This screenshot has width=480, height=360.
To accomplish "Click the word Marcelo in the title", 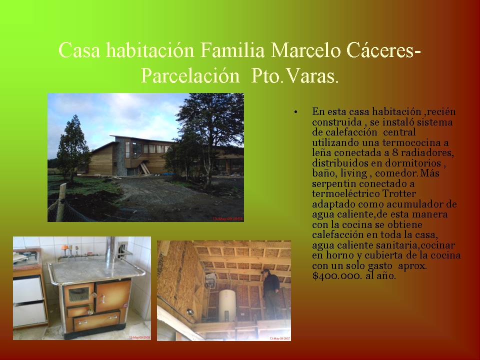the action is (305, 50).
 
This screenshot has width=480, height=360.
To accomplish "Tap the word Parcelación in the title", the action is (190, 75).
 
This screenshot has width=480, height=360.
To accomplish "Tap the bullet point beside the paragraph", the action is (295, 112).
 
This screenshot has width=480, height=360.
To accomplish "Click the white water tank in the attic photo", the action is (227, 305).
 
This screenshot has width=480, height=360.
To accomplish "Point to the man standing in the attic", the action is (271, 293).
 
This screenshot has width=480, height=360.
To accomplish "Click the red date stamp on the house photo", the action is (227, 218).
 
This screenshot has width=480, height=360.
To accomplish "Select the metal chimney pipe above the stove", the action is (110, 251).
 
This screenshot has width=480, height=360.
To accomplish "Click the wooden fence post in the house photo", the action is (61, 202).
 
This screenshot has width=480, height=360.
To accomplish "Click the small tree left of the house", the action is (72, 146).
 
